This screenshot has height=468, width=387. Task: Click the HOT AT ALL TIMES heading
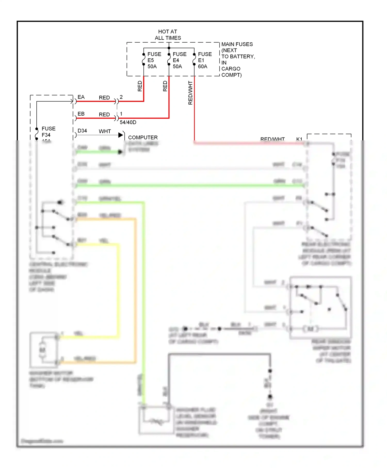(x=168, y=35)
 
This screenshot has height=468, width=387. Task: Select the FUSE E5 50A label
(x=154, y=60)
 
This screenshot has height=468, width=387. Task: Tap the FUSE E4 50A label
(x=179, y=60)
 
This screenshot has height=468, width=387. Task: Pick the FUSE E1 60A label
(x=205, y=60)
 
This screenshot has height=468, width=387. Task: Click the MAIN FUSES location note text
(x=238, y=60)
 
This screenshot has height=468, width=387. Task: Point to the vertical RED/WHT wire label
(x=190, y=93)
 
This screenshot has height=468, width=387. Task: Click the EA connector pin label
(x=81, y=97)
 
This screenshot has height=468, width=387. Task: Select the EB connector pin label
(x=81, y=114)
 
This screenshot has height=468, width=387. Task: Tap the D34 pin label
(x=82, y=131)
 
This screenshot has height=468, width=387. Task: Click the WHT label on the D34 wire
(x=105, y=131)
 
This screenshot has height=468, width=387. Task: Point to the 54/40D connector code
(x=128, y=122)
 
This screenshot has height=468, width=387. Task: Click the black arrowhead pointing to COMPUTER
(x=120, y=135)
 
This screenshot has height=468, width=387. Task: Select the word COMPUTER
(x=143, y=138)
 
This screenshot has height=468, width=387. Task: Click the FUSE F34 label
(x=49, y=132)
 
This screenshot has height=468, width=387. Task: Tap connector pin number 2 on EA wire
(x=121, y=97)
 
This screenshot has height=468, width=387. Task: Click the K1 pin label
(x=299, y=139)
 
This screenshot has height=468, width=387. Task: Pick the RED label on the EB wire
(x=104, y=115)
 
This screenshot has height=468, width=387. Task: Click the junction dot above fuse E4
(x=169, y=48)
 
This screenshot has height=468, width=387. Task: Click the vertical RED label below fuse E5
(x=140, y=86)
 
